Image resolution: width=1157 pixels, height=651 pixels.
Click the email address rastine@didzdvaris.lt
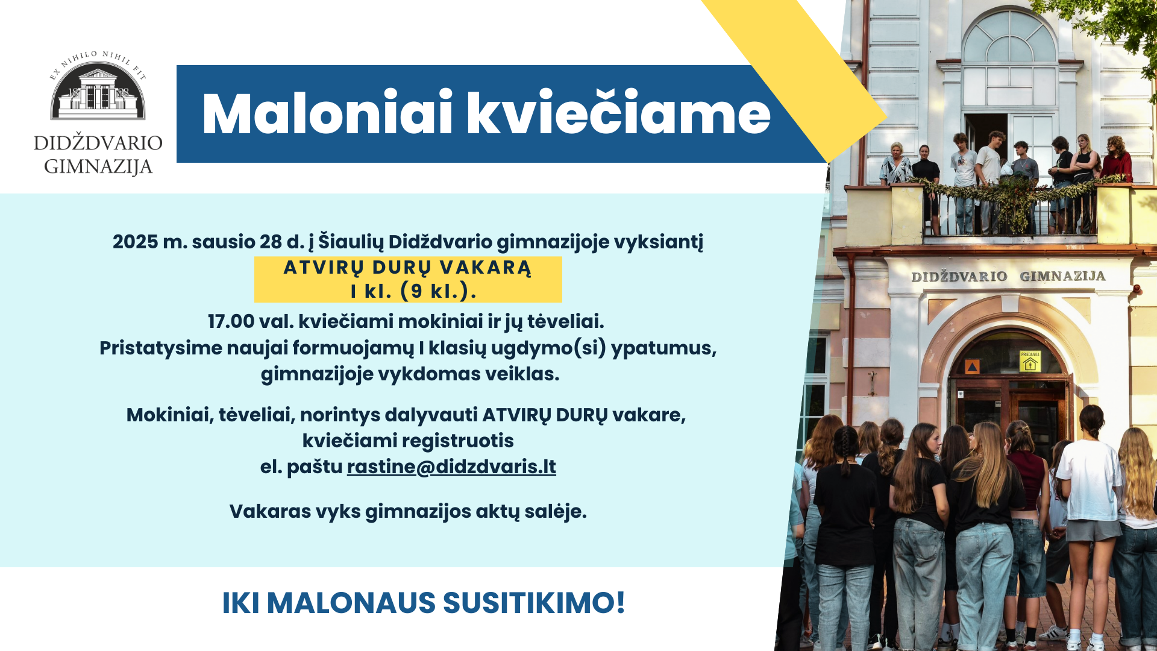(x=451, y=467)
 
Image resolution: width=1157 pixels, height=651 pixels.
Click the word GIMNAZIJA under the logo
(x=98, y=166)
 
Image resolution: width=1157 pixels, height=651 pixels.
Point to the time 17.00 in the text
(x=231, y=321)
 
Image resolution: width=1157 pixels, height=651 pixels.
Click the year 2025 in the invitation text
(x=135, y=242)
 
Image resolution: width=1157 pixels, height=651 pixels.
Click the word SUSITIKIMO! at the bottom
(x=534, y=603)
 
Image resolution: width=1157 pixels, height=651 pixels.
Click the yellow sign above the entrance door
(x=1030, y=362)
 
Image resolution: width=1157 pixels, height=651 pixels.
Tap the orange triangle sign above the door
(x=972, y=366)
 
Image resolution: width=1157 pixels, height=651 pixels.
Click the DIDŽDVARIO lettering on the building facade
(x=959, y=277)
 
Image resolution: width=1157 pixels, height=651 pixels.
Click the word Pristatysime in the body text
(x=160, y=348)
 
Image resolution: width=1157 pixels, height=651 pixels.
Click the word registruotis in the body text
(x=458, y=441)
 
